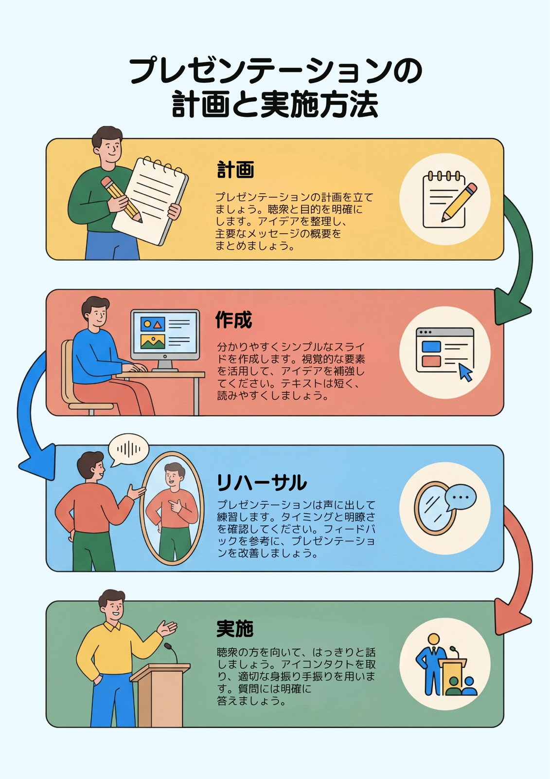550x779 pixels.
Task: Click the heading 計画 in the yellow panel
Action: [x=235, y=169]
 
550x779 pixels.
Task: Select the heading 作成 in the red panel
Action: [x=234, y=319]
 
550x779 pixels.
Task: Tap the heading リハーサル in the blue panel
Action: [x=261, y=482]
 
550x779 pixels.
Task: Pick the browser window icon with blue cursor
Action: [x=445, y=352]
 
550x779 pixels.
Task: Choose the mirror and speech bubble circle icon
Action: [x=445, y=508]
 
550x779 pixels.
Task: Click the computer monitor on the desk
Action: [x=165, y=339]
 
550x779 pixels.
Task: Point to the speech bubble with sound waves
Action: [x=128, y=450]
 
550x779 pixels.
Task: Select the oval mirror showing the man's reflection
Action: [x=172, y=508]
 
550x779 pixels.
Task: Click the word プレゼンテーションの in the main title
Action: [x=276, y=71]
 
